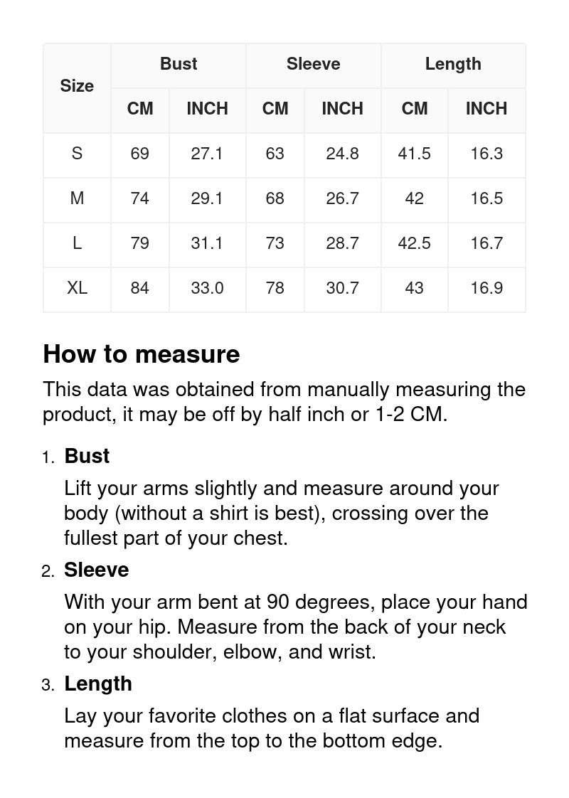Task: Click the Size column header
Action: pos(77,86)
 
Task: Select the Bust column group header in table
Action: pos(179,64)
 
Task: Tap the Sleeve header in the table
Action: pos(313,64)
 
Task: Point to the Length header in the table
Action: pos(453,64)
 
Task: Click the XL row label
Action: pos(77,288)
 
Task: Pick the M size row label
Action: pos(77,198)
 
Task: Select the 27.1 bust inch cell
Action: pos(207,154)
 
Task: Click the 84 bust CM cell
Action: pos(140,288)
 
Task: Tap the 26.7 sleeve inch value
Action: pos(342,198)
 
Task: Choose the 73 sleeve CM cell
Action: pos(275,243)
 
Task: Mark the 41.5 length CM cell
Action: pos(415,154)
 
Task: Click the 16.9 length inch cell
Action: pos(486,288)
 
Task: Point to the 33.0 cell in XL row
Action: pos(207,288)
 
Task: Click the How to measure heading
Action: pos(142,354)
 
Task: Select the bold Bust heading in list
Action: pos(87,456)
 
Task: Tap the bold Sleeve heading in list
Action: pos(97,570)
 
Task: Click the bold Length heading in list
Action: pos(98,683)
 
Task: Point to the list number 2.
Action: pos(48,571)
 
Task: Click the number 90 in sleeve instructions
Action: pos(277,602)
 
